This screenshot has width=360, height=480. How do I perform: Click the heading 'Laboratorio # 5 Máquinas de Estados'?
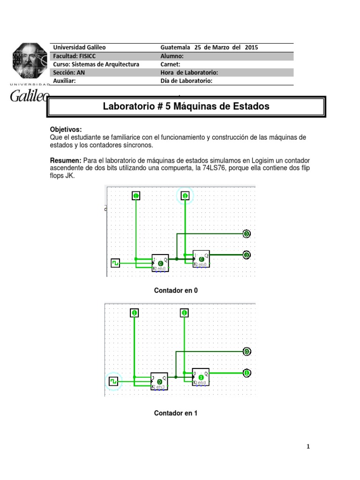186,106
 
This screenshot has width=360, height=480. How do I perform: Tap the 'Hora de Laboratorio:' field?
189,72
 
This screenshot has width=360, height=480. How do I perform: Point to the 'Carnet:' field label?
171,64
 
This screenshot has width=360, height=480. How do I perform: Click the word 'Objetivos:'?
66,129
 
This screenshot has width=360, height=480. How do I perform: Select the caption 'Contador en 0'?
176,291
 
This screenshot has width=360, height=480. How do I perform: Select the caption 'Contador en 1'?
176,413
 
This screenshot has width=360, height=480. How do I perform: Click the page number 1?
308,447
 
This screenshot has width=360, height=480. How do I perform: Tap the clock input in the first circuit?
115,263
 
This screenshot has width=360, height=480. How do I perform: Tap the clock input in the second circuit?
113,382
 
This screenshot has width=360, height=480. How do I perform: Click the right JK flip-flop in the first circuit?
201,258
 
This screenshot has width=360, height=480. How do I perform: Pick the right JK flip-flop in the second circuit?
201,376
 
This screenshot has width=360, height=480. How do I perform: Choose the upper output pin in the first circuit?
247,233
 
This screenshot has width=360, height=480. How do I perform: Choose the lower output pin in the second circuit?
247,373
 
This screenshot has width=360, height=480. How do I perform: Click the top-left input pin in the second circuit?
135,313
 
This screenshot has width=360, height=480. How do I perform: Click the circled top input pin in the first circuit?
185,195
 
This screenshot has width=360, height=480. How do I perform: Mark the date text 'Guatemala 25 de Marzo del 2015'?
209,47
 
